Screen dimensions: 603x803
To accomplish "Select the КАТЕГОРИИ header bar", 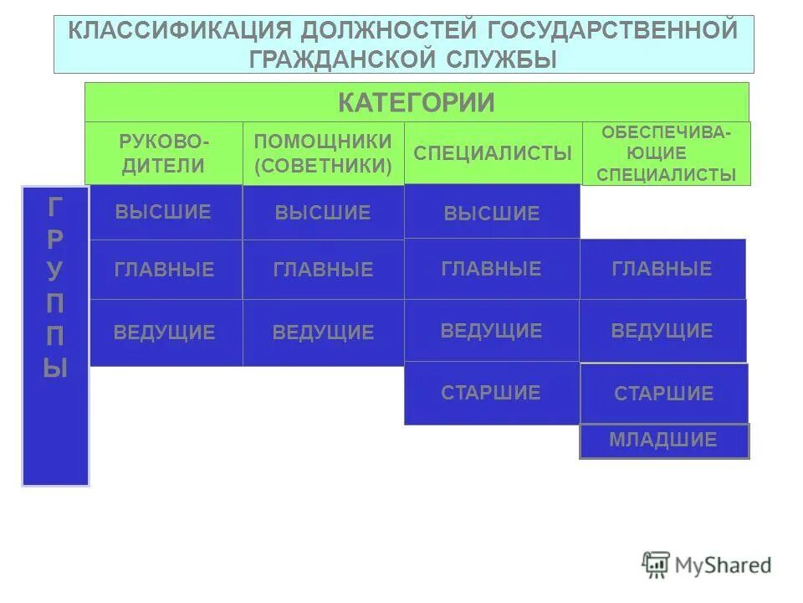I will point(417,102).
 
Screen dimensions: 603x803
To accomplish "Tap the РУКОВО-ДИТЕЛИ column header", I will point(163,153).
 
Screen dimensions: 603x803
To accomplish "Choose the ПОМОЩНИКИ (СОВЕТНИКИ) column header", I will point(323,153).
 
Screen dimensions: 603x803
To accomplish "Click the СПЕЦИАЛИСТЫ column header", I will point(493,153).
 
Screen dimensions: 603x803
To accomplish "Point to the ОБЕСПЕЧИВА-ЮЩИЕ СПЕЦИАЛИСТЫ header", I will point(667,153).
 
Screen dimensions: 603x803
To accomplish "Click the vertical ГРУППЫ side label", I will point(55,335).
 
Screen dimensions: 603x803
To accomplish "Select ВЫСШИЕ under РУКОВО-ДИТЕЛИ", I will point(164,212).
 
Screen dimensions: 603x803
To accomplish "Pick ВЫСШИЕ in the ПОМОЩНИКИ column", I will point(323,213).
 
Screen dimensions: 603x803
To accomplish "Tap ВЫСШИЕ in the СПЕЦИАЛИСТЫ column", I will point(492,214).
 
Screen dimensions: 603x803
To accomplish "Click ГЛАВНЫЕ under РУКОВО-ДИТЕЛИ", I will point(164,270).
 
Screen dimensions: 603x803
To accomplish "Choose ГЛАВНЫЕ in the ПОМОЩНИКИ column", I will point(323,270).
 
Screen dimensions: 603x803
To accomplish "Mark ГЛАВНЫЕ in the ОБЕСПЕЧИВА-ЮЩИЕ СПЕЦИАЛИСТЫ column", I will point(662,269).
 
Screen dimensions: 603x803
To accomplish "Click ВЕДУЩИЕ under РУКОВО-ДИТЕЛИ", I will point(164,332).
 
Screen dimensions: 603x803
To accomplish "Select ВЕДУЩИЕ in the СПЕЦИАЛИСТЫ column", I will point(492,331).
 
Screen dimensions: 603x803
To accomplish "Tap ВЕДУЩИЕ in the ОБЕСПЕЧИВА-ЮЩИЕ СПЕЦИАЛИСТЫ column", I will point(662,331).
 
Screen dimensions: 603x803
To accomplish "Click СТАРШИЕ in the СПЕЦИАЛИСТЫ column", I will point(492,393).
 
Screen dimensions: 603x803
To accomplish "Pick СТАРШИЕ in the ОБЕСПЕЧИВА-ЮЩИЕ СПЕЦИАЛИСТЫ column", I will point(663,394).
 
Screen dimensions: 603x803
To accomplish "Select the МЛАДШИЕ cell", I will point(663,441).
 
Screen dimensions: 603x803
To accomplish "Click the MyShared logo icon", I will point(657,564).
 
